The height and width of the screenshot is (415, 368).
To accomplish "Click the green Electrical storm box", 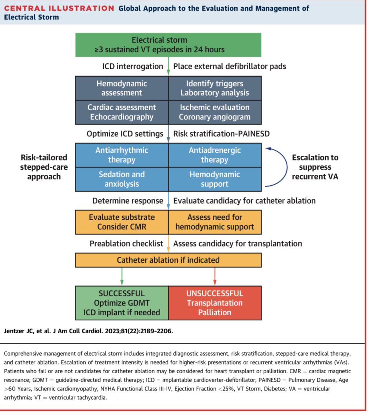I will [x=168, y=45].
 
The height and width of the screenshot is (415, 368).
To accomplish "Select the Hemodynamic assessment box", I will [x=122, y=88].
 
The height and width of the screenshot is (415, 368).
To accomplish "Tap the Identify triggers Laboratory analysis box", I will [x=215, y=88].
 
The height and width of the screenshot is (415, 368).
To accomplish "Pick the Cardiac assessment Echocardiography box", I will [x=122, y=112].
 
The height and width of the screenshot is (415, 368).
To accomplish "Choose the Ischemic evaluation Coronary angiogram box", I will [x=215, y=112].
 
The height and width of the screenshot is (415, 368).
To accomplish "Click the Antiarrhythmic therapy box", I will [x=122, y=155].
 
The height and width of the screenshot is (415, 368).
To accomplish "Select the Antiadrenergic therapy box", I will [x=215, y=155].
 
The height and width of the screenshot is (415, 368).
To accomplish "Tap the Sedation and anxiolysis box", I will [x=122, y=179].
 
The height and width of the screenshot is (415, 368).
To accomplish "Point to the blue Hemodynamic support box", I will [x=215, y=179].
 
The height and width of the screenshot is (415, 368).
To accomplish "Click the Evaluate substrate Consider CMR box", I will [x=122, y=222].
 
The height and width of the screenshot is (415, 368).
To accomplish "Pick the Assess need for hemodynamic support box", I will [x=215, y=222].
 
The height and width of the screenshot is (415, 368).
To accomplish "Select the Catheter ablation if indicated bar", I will [x=168, y=260].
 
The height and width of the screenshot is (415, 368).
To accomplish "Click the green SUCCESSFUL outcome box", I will [x=122, y=303].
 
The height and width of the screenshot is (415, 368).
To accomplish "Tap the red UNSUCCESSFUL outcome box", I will [x=215, y=303].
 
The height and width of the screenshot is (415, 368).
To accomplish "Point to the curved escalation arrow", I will [x=280, y=167].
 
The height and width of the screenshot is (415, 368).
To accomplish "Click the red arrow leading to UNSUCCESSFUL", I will [x=215, y=277].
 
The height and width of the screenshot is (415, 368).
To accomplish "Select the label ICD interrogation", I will [x=133, y=66].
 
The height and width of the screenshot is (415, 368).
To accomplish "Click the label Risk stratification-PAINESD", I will [x=221, y=134].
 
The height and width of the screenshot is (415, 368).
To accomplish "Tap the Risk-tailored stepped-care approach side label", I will [x=44, y=167].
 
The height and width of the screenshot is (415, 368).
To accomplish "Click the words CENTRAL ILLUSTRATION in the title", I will [x=59, y=8].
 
